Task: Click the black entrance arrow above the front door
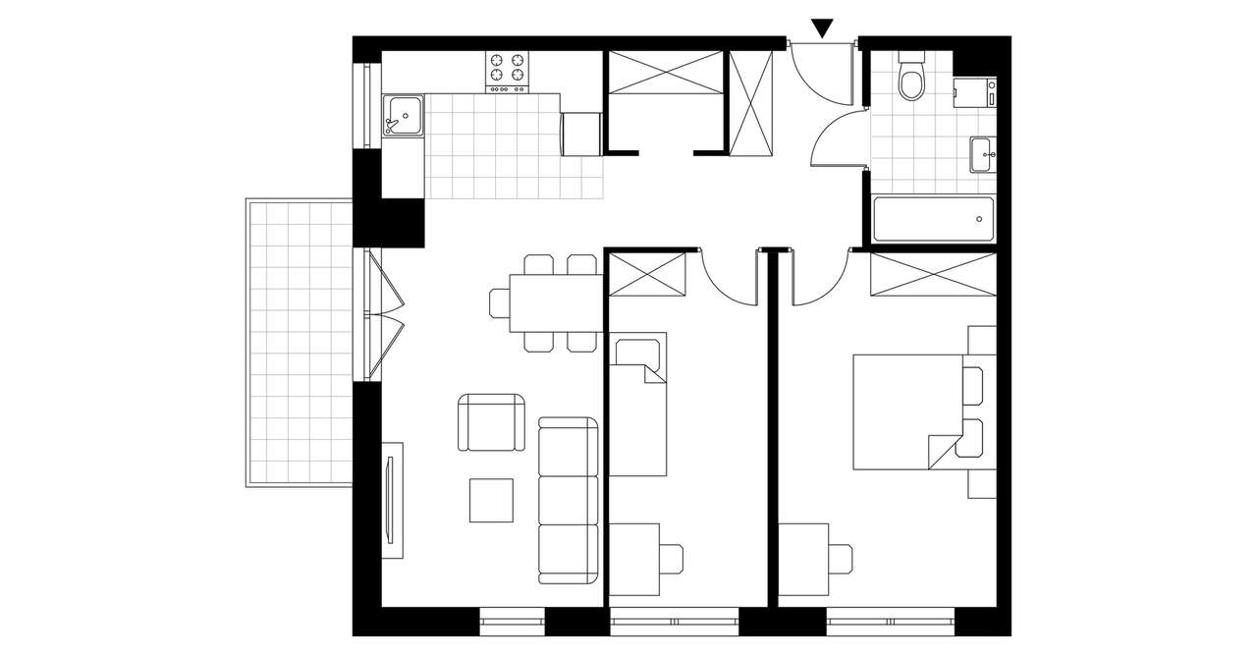(x=823, y=29)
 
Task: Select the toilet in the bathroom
(x=912, y=80)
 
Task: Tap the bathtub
(x=932, y=219)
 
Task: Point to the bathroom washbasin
(x=981, y=154)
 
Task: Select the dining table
(x=555, y=303)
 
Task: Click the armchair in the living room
(x=490, y=422)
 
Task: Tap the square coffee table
(x=491, y=500)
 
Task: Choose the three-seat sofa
(x=569, y=500)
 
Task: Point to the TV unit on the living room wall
(x=393, y=500)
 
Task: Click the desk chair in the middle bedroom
(x=672, y=558)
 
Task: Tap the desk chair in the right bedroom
(x=843, y=558)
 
